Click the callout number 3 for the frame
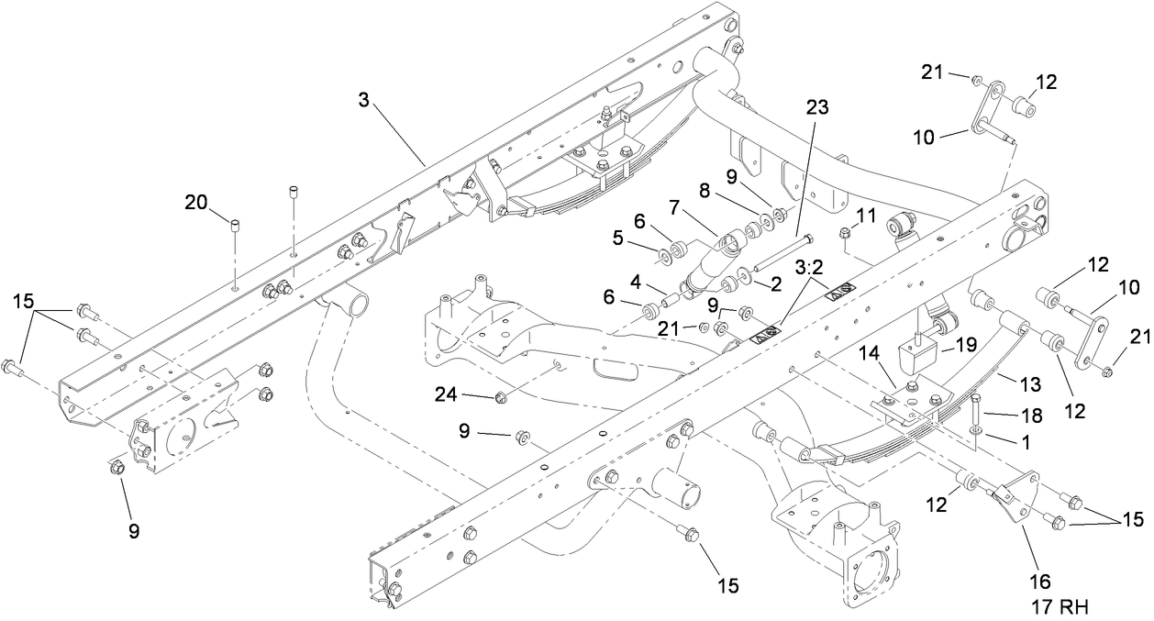[x=364, y=100]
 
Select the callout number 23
[x=816, y=107]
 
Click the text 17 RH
[x=1054, y=605]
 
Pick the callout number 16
[x=1041, y=581]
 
